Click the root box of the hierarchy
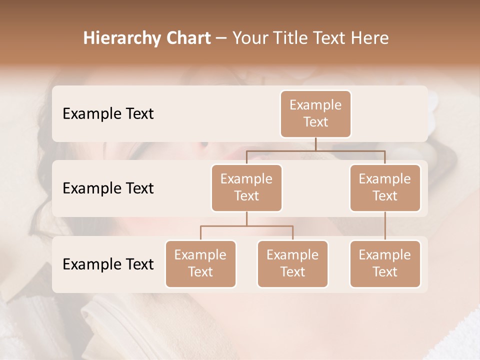point(315,113)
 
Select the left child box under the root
point(246,187)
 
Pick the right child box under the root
point(385,187)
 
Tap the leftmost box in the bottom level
point(200,263)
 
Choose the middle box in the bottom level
point(292,263)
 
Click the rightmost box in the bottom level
point(385,263)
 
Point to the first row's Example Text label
point(108,114)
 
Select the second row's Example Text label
point(108,188)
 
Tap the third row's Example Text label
point(108,264)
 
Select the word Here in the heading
point(371,38)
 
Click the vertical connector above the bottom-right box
point(385,226)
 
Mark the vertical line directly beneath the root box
point(315,144)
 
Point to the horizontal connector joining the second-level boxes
point(315,150)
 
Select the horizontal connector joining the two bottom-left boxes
point(246,226)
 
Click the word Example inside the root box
point(315,105)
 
